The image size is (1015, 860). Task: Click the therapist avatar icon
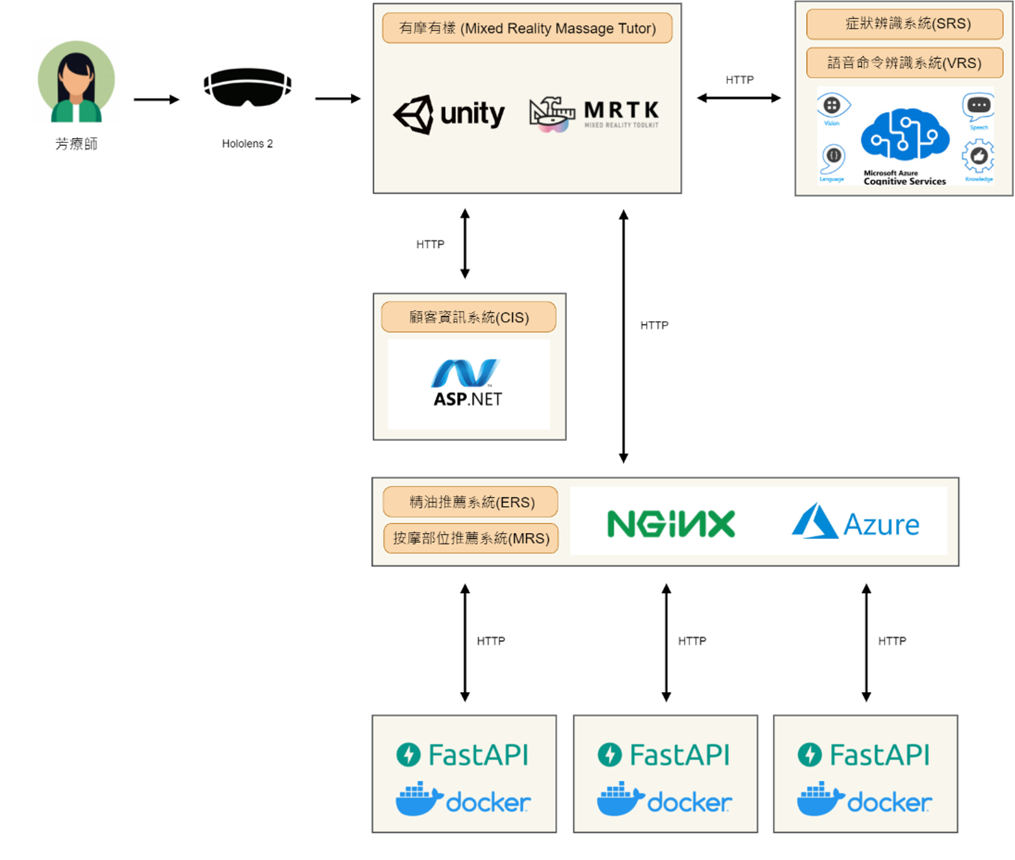(x=76, y=82)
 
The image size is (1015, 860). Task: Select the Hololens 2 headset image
(x=247, y=87)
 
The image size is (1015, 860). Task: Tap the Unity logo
(x=449, y=114)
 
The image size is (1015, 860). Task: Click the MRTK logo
(x=594, y=113)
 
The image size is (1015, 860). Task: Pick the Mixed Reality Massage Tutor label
(x=527, y=29)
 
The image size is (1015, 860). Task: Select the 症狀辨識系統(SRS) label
(x=904, y=24)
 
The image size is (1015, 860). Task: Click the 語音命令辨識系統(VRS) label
(x=904, y=63)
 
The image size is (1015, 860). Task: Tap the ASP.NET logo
(x=468, y=383)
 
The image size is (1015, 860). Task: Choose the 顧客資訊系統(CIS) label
(x=468, y=317)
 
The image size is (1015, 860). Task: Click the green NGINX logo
(x=671, y=524)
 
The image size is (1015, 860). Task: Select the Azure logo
(x=855, y=523)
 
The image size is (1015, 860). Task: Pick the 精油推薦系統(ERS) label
(x=471, y=502)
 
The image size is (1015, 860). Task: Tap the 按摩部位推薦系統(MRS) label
(x=471, y=538)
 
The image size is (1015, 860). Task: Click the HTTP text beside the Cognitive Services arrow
(x=739, y=80)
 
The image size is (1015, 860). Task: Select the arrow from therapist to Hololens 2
(x=156, y=99)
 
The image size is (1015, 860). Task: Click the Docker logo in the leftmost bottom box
(x=463, y=800)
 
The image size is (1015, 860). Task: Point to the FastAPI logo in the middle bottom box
(x=664, y=755)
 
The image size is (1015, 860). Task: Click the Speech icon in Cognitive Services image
(x=979, y=108)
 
